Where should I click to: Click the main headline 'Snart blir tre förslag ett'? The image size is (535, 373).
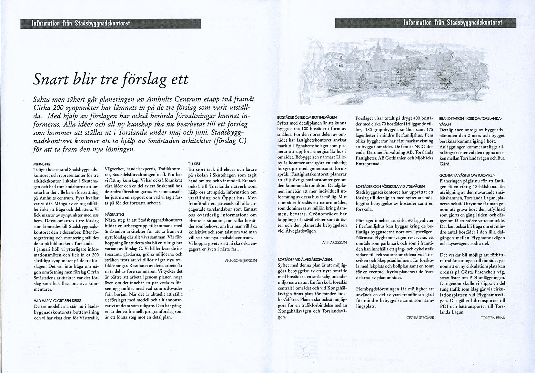click(x=111, y=79)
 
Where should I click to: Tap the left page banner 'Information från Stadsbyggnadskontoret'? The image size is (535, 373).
click(x=81, y=23)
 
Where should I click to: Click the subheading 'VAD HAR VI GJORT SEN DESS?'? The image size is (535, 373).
click(x=57, y=300)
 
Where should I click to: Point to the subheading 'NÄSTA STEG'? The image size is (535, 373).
click(x=115, y=214)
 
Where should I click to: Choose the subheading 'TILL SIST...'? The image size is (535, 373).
click(x=196, y=164)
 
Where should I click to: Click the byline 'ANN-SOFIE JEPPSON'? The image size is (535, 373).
click(x=241, y=260)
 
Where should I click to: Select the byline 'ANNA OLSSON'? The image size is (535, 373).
click(x=334, y=242)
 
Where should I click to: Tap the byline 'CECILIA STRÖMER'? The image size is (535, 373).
click(x=420, y=318)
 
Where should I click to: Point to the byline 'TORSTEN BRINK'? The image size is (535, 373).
click(x=493, y=318)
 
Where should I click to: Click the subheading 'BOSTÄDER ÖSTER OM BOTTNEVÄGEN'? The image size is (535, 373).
click(x=307, y=117)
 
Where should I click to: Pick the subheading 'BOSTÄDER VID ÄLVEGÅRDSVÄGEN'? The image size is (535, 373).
click(x=305, y=259)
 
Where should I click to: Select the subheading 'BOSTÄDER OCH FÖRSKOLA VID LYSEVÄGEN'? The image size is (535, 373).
click(x=390, y=186)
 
